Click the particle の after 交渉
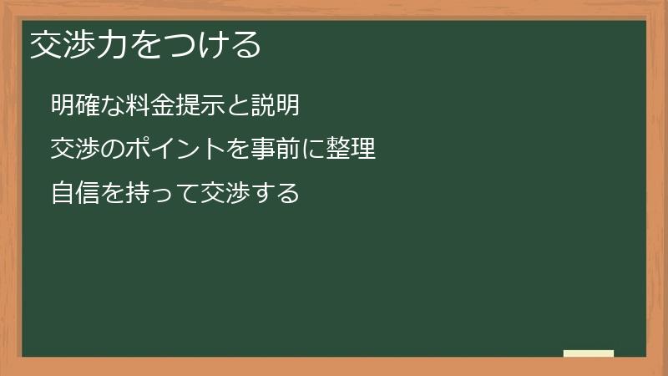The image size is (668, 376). [x=112, y=150]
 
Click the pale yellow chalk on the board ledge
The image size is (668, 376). [x=589, y=353]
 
